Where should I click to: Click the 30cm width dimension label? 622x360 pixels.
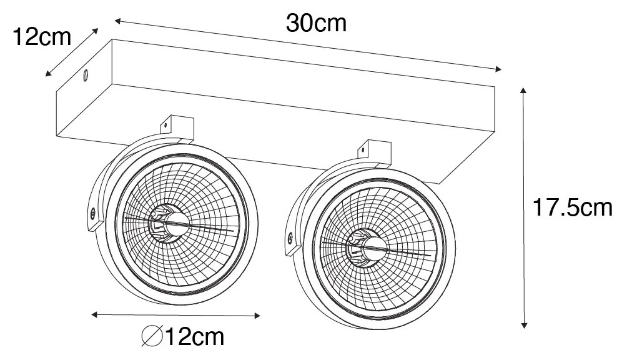pos(316,23)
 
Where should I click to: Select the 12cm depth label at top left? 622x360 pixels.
pos(42,37)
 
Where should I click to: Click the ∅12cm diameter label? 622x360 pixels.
pos(182,338)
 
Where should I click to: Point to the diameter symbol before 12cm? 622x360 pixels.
pos(151,338)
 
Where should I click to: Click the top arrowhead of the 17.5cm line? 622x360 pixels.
pos(523,92)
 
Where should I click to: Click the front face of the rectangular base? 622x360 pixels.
pos(250,125)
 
